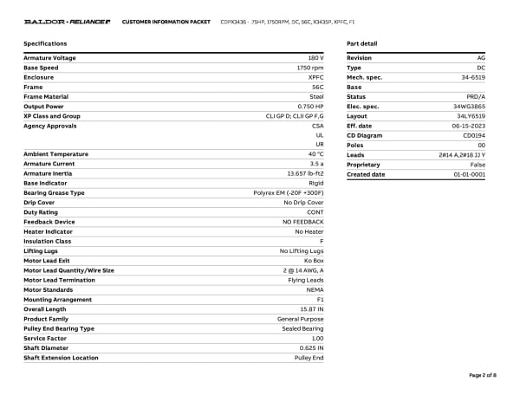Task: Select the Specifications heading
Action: [x=45, y=42]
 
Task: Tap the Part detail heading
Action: [x=361, y=42]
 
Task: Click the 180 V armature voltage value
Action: [x=315, y=58]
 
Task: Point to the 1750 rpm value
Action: [x=310, y=68]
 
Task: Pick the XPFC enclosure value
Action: [x=315, y=77]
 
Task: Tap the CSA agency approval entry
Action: [x=317, y=125]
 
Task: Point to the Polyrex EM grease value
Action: [x=289, y=192]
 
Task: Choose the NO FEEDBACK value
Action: [x=303, y=222]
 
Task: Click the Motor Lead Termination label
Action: [x=59, y=280]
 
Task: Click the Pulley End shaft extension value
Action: [x=309, y=357]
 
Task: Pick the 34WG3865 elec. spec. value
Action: [x=470, y=106]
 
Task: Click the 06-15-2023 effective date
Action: [x=469, y=125]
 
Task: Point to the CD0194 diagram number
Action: [x=474, y=135]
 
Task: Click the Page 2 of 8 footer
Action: [x=482, y=375]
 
